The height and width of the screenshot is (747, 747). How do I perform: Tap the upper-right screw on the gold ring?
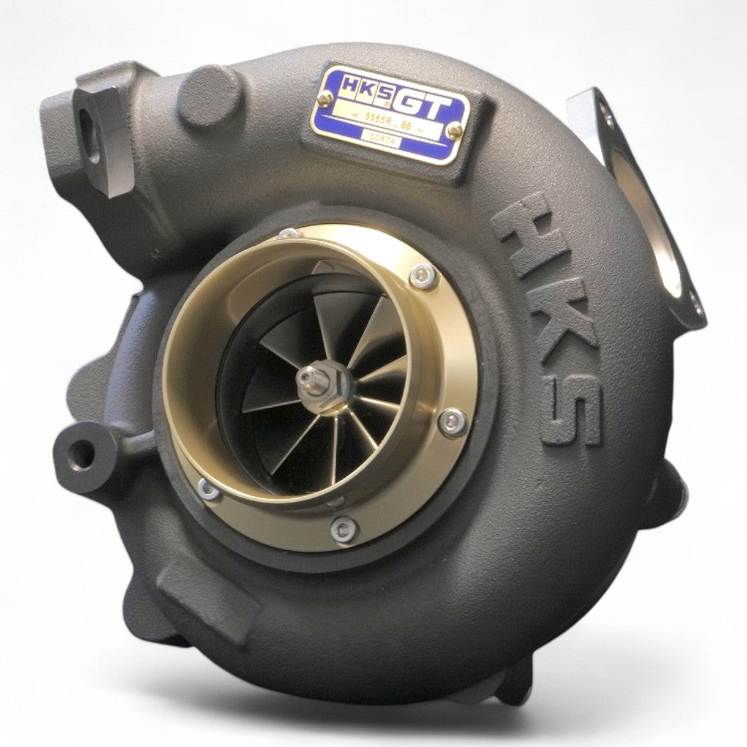422,276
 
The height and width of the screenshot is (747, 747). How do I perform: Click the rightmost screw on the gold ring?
455,421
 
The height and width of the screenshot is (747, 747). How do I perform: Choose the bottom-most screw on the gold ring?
343,529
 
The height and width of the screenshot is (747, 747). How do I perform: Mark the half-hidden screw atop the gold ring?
289,234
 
